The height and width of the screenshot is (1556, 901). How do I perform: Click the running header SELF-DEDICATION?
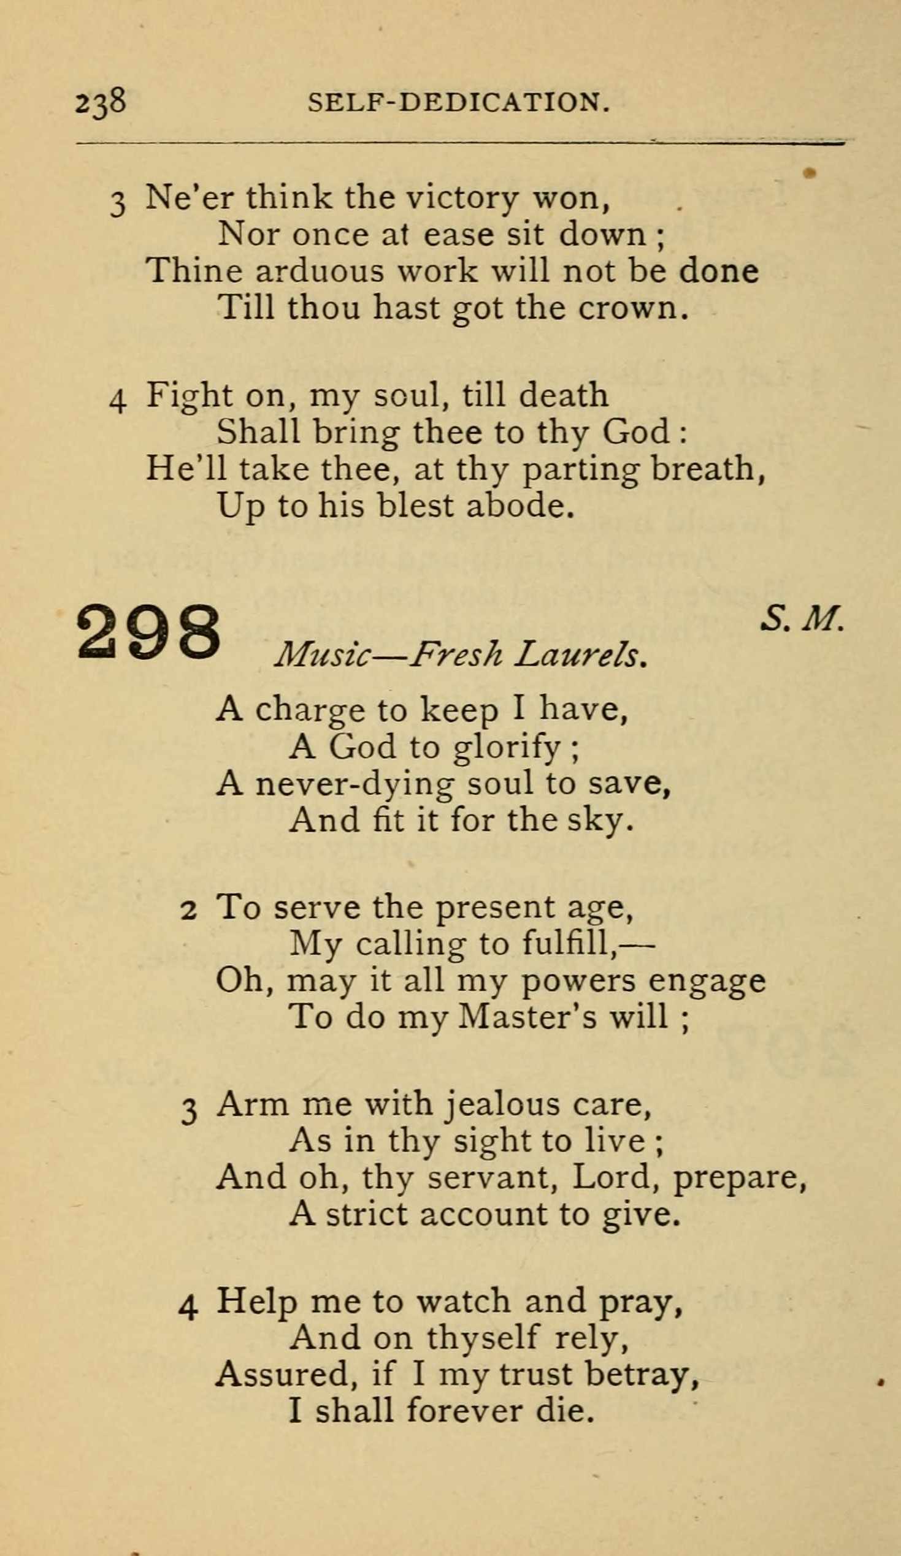[459, 102]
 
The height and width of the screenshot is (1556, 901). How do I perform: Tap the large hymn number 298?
[148, 631]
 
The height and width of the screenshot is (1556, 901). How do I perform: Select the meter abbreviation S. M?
[802, 618]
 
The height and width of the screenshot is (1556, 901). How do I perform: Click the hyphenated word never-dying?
[355, 784]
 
